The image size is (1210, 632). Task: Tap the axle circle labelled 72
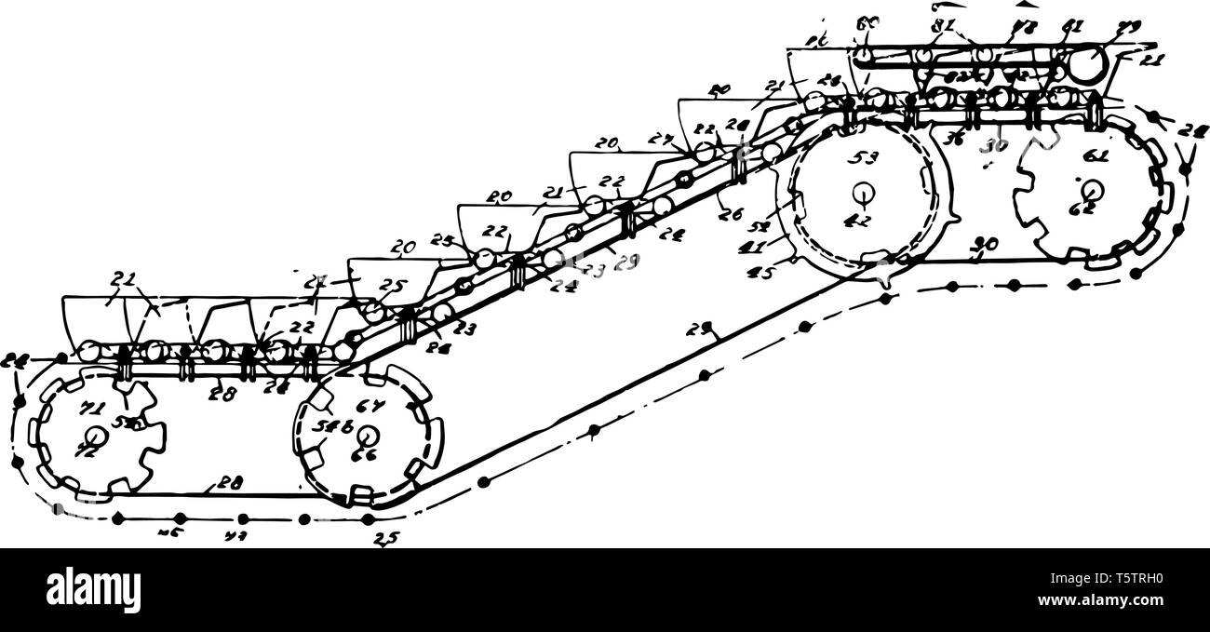coord(93,437)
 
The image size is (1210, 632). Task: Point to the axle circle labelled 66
coord(367,436)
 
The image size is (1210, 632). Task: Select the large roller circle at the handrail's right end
coord(1086,64)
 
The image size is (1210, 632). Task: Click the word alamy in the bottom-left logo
coord(94,589)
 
